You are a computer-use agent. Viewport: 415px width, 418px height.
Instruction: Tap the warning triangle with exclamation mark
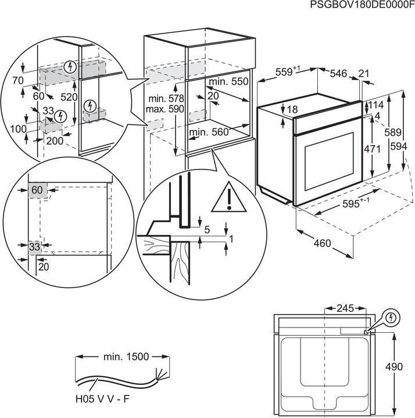(230, 197)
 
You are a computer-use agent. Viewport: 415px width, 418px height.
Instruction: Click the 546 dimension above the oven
(338, 73)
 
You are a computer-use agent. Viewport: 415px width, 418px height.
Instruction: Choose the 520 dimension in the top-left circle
(70, 97)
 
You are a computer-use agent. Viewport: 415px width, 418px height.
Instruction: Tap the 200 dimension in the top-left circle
(55, 141)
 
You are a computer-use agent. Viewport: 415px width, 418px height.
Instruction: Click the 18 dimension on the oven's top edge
(291, 110)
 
